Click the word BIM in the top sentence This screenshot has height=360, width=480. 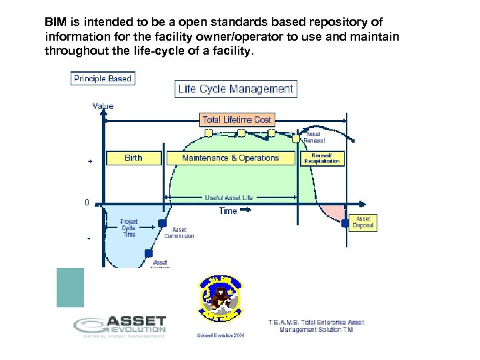pos(55,22)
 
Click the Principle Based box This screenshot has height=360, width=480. pos(103,79)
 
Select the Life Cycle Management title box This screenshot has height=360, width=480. pos(236,89)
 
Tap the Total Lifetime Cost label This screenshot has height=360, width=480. pos(237,119)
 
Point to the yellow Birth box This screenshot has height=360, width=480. pos(133,158)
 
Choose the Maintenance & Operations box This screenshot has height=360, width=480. pos(230,158)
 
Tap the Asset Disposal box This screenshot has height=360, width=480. pos(363,222)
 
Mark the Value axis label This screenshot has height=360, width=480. pos(103,106)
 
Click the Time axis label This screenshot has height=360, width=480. pos(228,211)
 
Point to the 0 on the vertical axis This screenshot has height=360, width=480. pos(87,202)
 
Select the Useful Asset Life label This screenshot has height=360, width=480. pos(229,197)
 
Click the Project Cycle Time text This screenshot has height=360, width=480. pos(129,227)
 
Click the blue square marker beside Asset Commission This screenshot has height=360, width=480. pos(162,224)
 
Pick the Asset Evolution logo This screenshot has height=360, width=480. pos(120,326)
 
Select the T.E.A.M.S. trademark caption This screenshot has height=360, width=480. pos(316,325)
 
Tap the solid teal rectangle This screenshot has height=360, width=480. pos(70,287)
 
